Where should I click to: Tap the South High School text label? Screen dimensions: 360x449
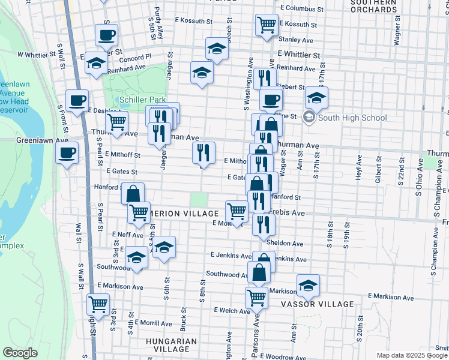(352, 118)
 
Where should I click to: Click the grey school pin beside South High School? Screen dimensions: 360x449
(309, 117)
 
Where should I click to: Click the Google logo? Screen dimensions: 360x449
(20, 353)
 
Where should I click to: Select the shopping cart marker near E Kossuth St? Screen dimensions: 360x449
(267, 25)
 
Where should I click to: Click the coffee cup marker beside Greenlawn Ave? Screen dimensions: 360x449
(67, 152)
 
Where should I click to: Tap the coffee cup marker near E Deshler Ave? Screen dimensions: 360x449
(77, 101)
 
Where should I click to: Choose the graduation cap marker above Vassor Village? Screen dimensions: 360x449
(308, 286)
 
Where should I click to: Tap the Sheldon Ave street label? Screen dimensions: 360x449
(289, 244)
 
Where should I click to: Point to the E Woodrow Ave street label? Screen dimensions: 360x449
(287, 357)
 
